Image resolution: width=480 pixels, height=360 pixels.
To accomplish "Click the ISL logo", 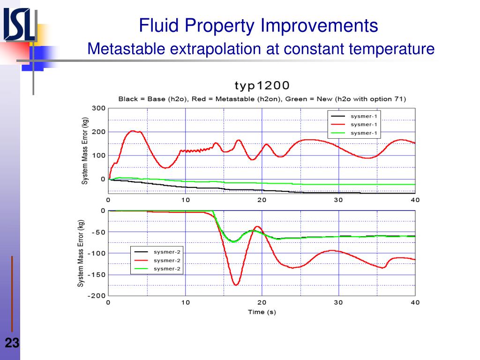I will coord(20,25).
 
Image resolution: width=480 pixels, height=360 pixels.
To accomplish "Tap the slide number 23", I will coord(12,344).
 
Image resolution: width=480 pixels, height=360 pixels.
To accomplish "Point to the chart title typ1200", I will coord(262,85).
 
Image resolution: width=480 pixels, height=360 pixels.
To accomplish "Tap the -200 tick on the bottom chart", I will coord(97,296).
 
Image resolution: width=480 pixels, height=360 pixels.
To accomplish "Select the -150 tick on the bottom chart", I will coord(97,275).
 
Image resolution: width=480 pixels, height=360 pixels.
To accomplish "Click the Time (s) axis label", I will coord(262,312).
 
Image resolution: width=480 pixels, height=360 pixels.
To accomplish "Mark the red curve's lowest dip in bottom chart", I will coord(236,285).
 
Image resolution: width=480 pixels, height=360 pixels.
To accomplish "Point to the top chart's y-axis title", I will coord(85,150).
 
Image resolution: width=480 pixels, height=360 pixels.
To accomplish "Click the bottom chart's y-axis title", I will coord(81,253).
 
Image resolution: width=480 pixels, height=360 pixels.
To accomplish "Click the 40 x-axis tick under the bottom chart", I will coord(415,302).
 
